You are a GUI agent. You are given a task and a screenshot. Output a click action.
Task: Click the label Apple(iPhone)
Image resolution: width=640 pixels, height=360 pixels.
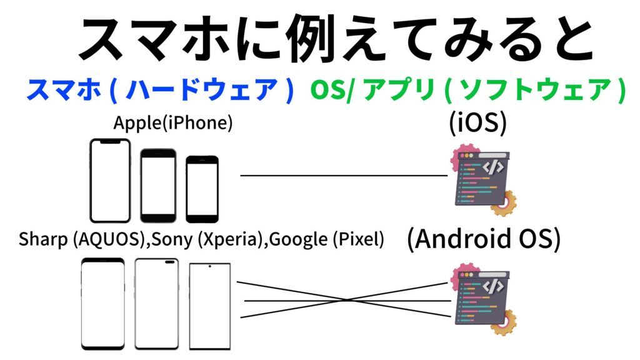point(173,123)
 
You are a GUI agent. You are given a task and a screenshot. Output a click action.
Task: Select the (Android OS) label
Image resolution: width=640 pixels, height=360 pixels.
point(483,239)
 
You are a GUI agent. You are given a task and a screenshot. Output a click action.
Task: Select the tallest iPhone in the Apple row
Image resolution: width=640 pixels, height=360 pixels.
point(110,181)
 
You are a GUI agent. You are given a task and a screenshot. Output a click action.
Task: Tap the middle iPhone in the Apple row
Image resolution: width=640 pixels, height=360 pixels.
point(158,185)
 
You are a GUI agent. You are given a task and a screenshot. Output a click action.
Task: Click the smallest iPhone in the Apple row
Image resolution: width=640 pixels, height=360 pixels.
point(202,189)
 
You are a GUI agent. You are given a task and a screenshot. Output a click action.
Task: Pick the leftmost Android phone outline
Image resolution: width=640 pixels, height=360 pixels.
point(103,303)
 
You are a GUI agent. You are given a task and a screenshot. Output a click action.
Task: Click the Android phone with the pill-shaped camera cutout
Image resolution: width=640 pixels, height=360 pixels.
point(157,303)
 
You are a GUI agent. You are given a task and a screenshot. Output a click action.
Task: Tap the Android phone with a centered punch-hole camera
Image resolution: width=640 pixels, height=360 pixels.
point(209,306)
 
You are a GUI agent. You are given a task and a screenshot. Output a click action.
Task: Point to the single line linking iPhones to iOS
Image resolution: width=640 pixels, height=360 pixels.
point(344,176)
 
